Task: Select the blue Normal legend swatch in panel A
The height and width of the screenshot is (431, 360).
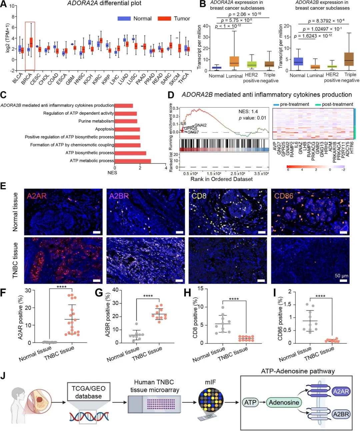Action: (x=124, y=19)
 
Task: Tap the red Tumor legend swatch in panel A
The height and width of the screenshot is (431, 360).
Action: (x=164, y=19)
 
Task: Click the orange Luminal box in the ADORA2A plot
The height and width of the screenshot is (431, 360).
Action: (x=234, y=61)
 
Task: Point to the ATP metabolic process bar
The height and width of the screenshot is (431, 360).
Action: (x=133, y=161)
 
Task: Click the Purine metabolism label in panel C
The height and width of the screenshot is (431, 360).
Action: (x=96, y=121)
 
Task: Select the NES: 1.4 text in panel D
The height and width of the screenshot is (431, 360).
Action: (x=248, y=111)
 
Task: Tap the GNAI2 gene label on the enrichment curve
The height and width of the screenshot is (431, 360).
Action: (x=201, y=125)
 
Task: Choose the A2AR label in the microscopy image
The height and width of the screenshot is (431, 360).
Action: (x=37, y=196)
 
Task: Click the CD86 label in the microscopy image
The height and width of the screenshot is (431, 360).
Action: (x=284, y=196)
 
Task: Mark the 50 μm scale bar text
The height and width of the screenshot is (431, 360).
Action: (x=341, y=276)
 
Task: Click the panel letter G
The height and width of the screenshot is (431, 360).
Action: (x=99, y=293)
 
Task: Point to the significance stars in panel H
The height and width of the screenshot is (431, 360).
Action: (x=234, y=299)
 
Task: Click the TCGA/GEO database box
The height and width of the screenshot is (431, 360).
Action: (x=88, y=392)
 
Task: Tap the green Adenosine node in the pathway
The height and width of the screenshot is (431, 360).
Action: (x=284, y=403)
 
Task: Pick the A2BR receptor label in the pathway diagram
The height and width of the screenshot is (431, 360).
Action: (x=341, y=414)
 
